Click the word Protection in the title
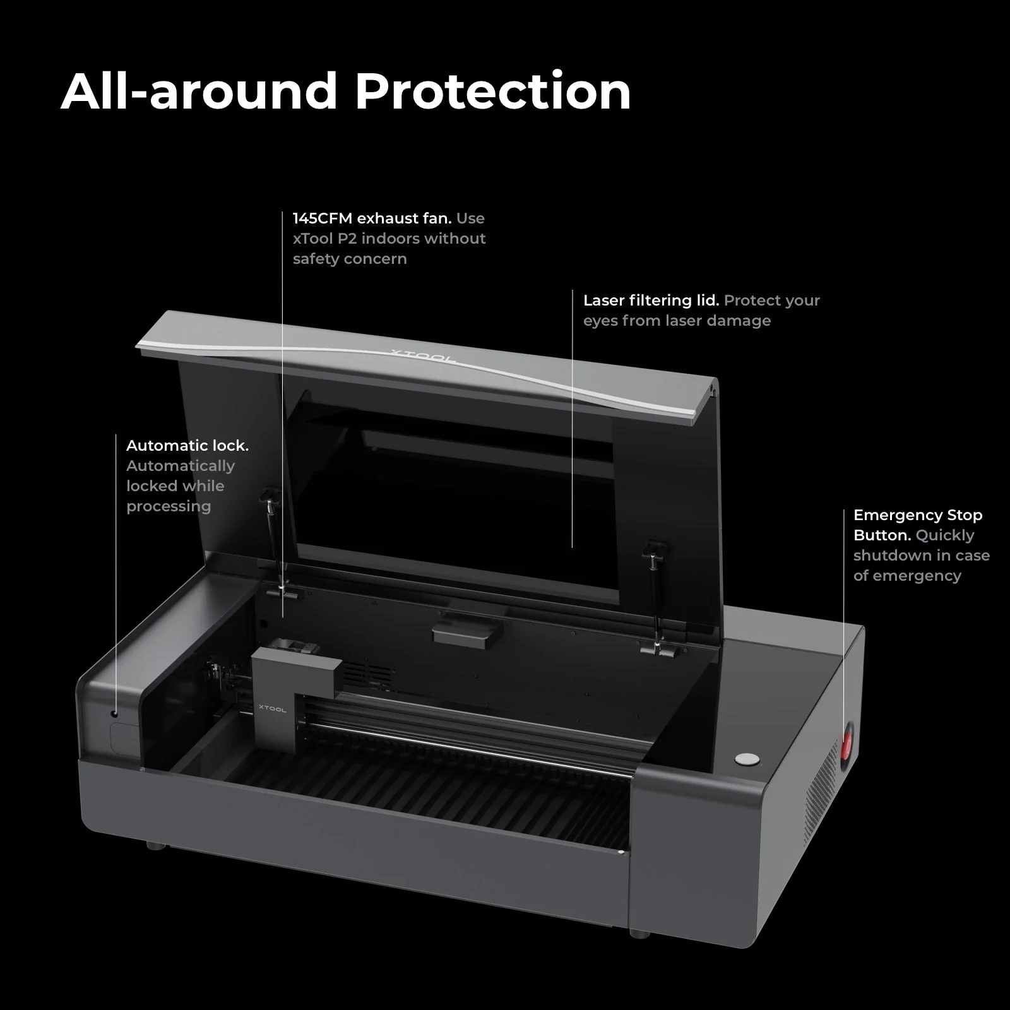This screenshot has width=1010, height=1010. point(493,92)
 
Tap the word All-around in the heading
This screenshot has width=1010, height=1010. point(199,92)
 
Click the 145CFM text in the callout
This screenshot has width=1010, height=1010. point(323,218)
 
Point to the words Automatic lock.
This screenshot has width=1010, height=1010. point(187,446)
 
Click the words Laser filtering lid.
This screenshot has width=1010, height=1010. point(651,300)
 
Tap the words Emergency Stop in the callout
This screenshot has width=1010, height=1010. point(918,515)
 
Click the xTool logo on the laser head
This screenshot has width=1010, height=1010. point(272,708)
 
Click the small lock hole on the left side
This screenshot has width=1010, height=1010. point(114,714)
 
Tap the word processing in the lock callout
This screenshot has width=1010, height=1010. point(169,507)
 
